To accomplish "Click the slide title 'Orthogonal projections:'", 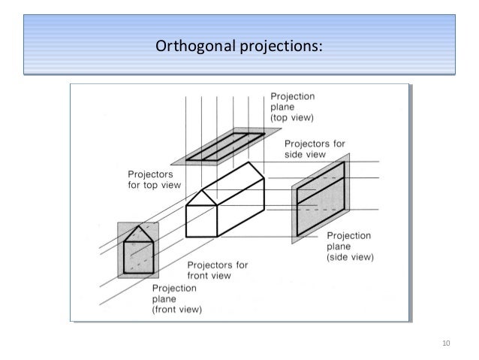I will coord(239,47).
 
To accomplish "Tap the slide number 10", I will coord(447,344).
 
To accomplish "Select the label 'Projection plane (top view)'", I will coord(294,107).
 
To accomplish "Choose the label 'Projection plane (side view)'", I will coord(351,245).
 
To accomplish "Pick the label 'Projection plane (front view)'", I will coord(183,298).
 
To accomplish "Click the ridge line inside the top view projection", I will coord(220,144).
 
